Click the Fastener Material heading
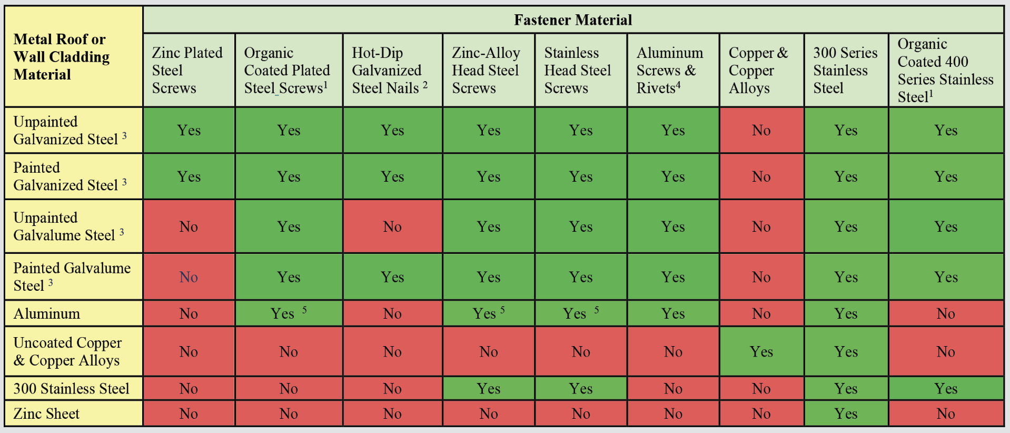pos(573,20)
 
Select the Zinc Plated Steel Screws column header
pos(187,70)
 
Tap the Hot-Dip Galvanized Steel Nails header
pos(390,70)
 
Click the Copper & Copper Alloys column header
pos(758,70)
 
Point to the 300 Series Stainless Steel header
pos(845,70)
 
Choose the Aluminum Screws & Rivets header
pos(670,70)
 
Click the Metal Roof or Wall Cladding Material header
pos(62,57)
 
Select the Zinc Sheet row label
pos(46,414)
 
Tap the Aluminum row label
pos(47,313)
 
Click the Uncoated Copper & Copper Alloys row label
pos(67,351)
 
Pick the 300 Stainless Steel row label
pos(71,388)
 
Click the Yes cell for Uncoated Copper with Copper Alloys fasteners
pos(761,351)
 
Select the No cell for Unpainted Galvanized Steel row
pos(761,130)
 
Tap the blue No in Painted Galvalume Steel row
pos(189,277)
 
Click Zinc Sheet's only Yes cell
pos(846,414)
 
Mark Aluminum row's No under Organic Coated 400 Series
pos(946,313)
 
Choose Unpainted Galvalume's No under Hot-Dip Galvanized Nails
pos(392,227)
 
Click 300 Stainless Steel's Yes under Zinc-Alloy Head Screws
pos(489,388)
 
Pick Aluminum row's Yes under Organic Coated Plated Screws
pos(283,313)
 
